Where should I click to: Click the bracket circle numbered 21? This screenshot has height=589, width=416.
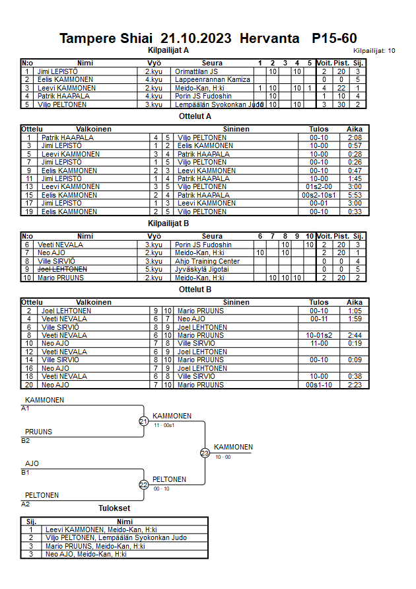point(143,421)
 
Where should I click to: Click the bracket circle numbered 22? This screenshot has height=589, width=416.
point(143,485)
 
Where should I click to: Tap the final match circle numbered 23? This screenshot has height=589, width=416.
point(205,453)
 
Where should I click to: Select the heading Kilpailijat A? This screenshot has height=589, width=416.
point(168,50)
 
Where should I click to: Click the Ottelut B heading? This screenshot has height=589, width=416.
point(195,290)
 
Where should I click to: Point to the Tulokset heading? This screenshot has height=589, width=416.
point(114,508)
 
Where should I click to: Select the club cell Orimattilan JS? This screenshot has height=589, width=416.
point(197,71)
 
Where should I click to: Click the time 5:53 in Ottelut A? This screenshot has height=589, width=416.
point(354,195)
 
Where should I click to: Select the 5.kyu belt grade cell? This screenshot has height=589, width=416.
point(154,270)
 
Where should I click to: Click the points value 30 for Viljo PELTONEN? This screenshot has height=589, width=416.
point(341,104)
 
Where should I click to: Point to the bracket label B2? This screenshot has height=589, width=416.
point(26,441)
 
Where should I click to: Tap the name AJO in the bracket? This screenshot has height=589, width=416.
point(32,463)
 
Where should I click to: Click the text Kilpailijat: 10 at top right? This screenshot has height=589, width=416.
point(374,50)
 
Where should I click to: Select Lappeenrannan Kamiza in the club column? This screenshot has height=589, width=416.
point(213,79)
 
